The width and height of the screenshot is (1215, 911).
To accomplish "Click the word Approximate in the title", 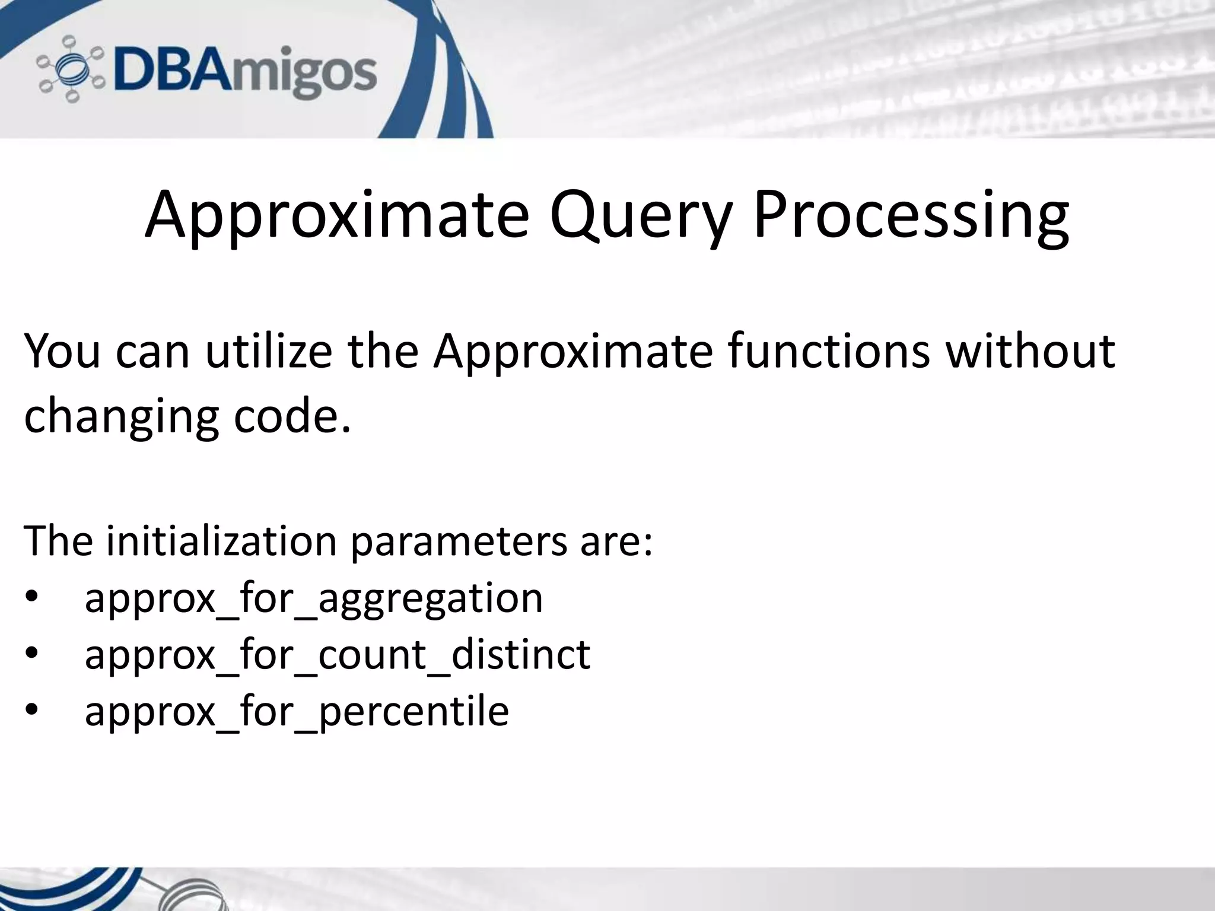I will [x=336, y=215].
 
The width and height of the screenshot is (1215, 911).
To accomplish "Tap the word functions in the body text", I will [x=828, y=351].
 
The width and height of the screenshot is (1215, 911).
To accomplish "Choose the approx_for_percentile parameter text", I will [x=297, y=711].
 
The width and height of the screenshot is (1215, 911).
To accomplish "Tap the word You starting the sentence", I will [x=62, y=351].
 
